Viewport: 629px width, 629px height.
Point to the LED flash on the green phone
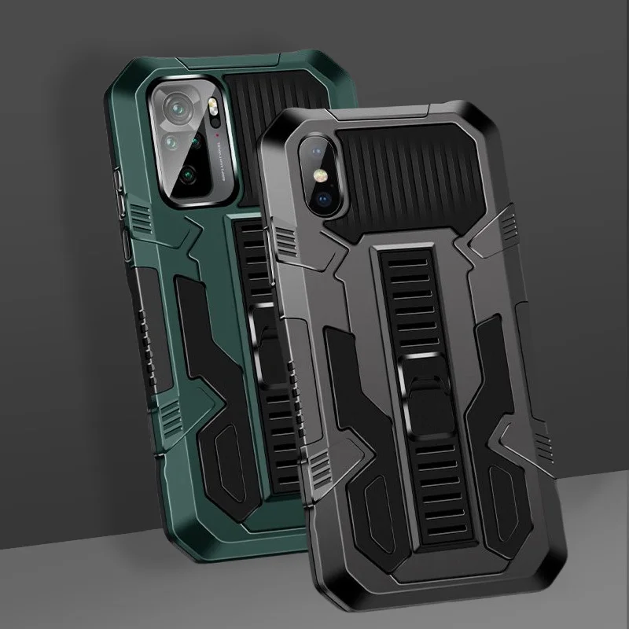click(212, 115)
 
